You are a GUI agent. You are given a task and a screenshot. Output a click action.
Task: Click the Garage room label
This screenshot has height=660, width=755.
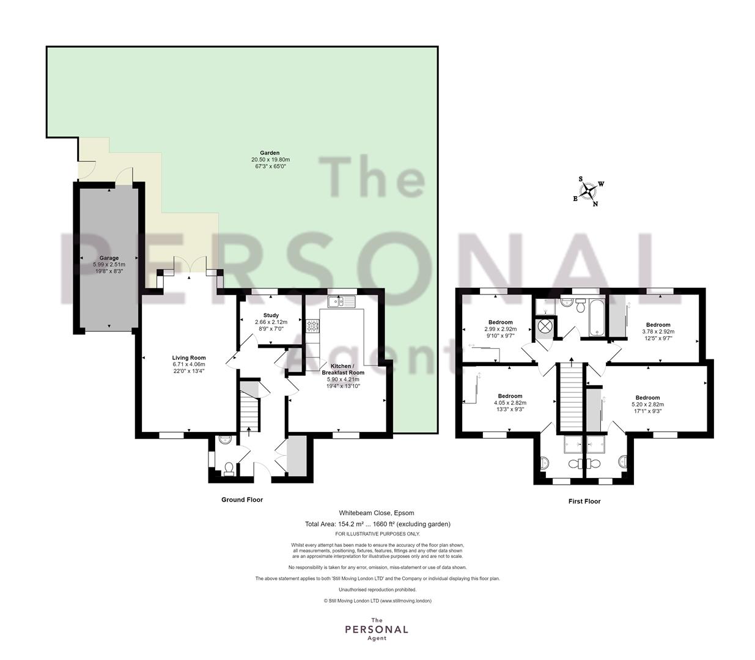click(x=109, y=258)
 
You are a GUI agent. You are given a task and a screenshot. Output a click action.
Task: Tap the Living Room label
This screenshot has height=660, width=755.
click(x=189, y=358)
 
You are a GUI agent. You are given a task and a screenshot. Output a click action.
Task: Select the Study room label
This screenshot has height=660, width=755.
click(x=271, y=315)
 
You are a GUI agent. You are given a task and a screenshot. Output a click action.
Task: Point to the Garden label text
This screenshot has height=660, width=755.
click(x=270, y=153)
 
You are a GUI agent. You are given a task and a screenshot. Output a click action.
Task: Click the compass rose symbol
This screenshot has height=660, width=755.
click(x=587, y=191)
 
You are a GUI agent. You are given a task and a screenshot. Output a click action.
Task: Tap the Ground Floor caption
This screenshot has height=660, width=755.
click(x=242, y=499)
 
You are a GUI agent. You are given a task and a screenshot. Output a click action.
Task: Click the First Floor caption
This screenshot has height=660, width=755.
click(x=584, y=501)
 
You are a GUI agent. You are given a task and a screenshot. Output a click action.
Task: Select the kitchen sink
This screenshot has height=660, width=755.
click(x=342, y=301)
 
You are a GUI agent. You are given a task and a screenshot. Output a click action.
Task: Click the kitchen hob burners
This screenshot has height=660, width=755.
click(x=313, y=326)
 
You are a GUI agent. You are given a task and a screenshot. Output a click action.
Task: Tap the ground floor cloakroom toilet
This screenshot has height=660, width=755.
click(x=229, y=469)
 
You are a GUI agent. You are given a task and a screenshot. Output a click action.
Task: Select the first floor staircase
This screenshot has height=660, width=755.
click(x=571, y=397)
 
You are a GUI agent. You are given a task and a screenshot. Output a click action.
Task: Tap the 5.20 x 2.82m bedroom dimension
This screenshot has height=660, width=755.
click(x=647, y=405)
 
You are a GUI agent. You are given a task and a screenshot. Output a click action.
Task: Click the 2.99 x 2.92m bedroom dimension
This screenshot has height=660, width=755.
click(x=501, y=329)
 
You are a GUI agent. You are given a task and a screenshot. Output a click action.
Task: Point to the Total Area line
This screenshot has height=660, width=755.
click(x=378, y=524)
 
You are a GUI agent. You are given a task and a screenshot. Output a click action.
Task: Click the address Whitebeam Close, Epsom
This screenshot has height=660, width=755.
click(x=377, y=513)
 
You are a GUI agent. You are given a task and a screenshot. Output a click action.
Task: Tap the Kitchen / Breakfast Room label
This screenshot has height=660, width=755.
click(x=343, y=369)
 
